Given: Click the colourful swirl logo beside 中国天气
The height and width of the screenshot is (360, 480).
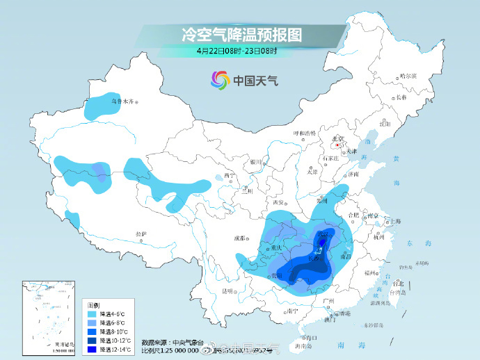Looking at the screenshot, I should click(221, 81).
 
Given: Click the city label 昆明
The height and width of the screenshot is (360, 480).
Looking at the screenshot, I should click(227, 291).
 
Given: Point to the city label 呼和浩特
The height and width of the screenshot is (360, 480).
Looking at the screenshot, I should click(304, 133).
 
